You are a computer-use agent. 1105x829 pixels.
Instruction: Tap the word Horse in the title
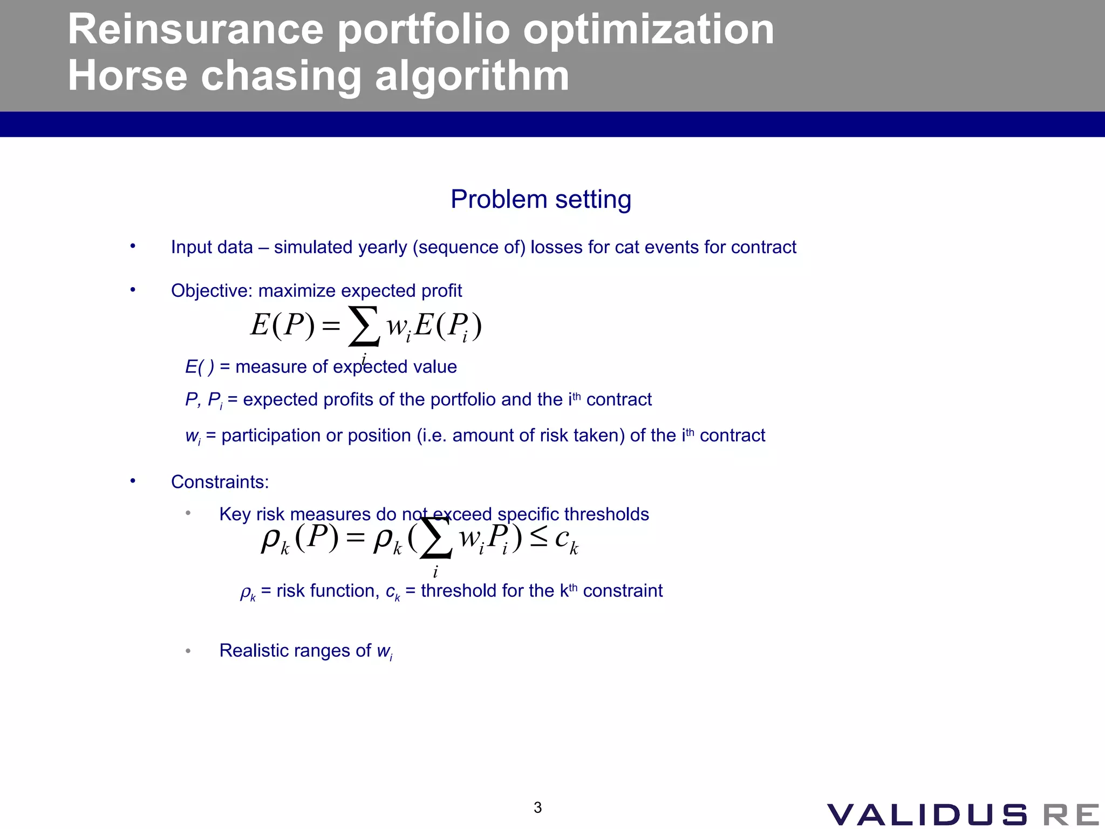(x=127, y=76)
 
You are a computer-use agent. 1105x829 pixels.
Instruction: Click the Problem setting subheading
(x=541, y=199)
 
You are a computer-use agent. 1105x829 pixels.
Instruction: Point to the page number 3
(x=537, y=807)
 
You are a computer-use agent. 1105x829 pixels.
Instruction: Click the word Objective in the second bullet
(x=211, y=291)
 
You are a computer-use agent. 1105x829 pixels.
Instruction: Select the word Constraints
(x=220, y=482)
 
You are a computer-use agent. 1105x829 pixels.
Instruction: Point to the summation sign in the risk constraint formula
(x=435, y=538)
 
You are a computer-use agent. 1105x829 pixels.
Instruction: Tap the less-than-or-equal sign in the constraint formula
(x=538, y=537)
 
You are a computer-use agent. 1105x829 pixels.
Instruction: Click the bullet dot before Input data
(x=133, y=247)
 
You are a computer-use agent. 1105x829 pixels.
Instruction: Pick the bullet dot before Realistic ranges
(x=188, y=651)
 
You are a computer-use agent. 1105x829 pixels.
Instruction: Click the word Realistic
(x=253, y=651)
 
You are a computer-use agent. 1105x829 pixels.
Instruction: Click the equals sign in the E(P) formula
(x=331, y=325)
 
